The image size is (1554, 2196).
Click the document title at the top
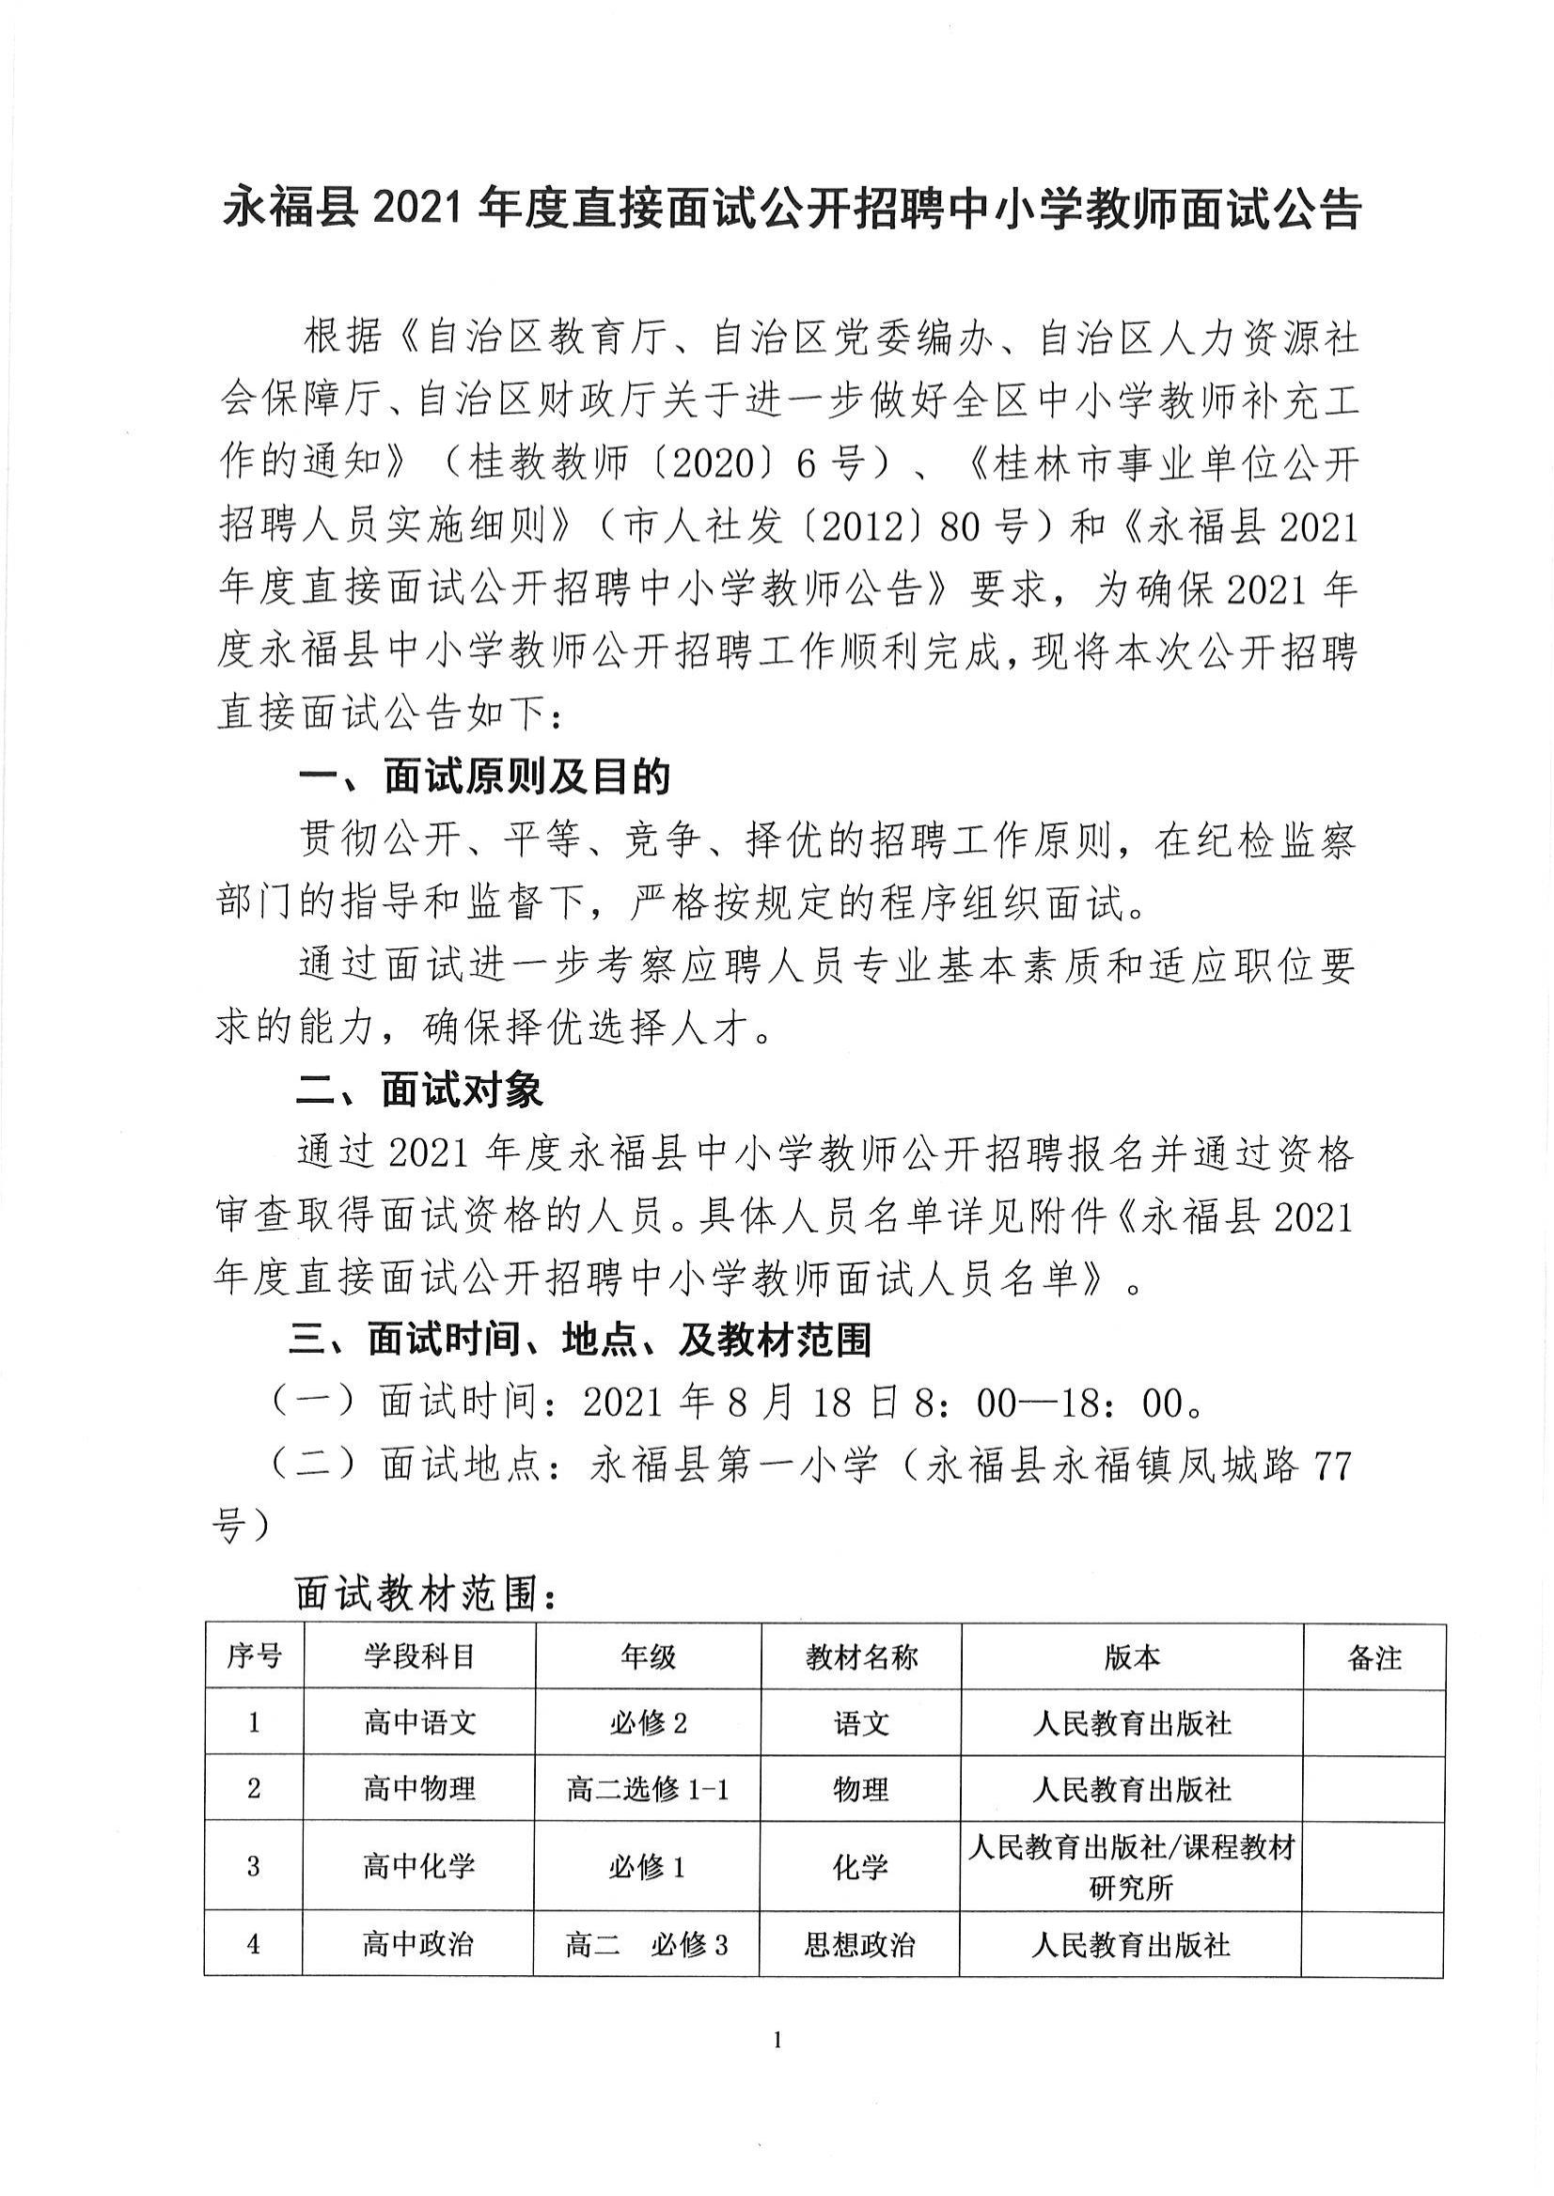(x=791, y=210)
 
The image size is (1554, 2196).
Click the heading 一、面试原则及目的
(x=484, y=778)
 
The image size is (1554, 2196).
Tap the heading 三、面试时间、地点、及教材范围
(x=580, y=1341)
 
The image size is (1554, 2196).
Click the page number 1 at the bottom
(x=776, y=2041)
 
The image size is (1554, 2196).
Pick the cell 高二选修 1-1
(x=647, y=1788)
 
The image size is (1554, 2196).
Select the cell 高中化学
(x=419, y=1866)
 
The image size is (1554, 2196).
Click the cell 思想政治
(x=860, y=1944)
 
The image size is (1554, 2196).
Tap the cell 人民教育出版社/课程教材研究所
(x=1131, y=1866)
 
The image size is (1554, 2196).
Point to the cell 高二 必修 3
(x=647, y=1944)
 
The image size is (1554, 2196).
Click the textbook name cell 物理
(x=860, y=1788)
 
